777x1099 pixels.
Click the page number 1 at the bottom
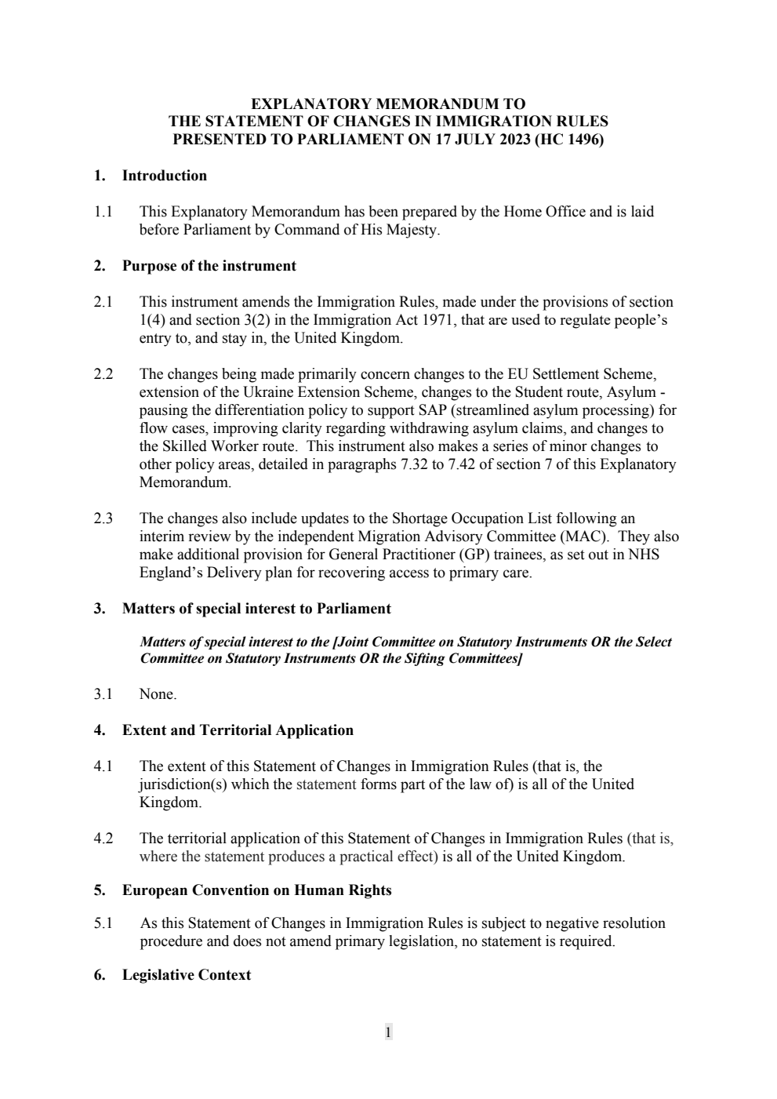pyautogui.click(x=388, y=1032)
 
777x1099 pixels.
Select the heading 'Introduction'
pyautogui.click(x=165, y=176)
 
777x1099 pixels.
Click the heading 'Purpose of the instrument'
pyautogui.click(x=209, y=266)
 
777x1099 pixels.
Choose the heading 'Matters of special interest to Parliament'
pyautogui.click(x=256, y=609)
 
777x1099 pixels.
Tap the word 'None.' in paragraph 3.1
pyautogui.click(x=158, y=694)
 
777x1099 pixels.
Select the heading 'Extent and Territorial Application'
pyautogui.click(x=238, y=730)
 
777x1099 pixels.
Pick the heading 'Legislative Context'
pyautogui.click(x=187, y=975)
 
